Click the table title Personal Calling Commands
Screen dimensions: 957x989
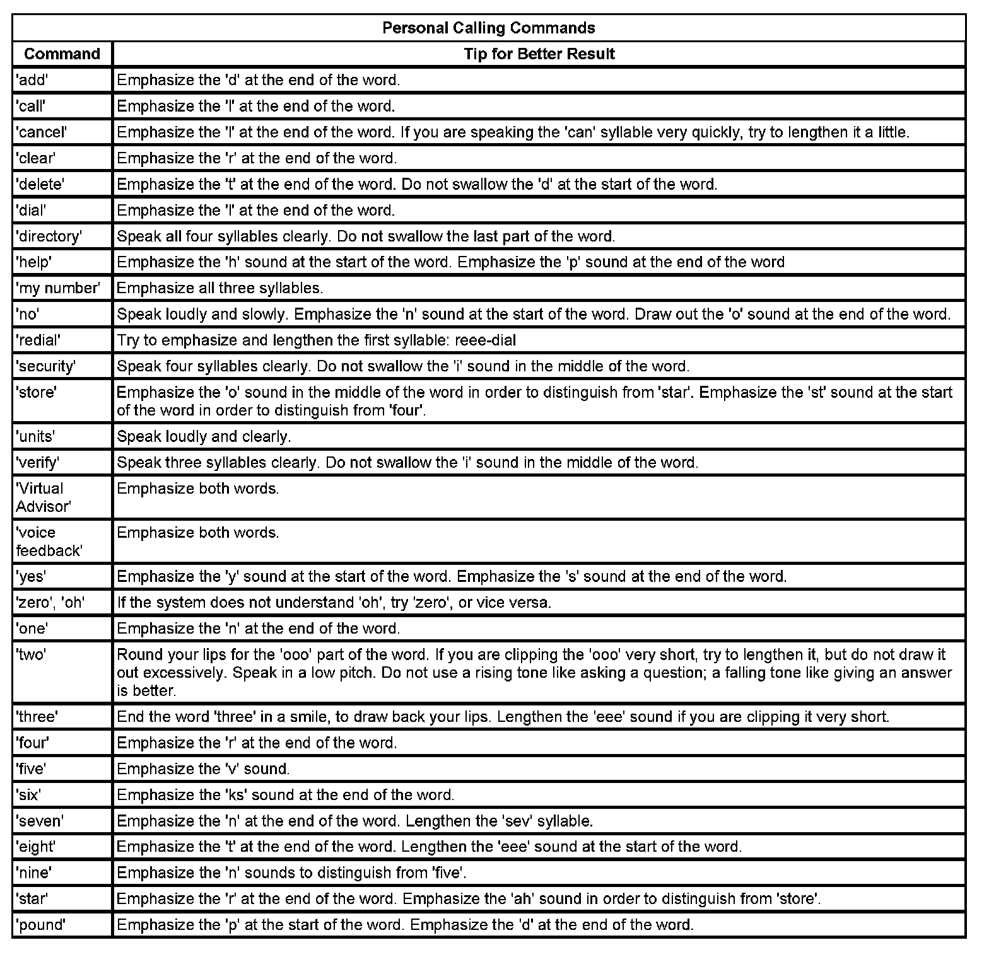pyautogui.click(x=489, y=28)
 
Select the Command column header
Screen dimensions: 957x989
pyautogui.click(x=62, y=54)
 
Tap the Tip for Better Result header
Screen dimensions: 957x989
pyautogui.click(x=539, y=54)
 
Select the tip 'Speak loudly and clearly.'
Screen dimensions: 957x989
pyautogui.click(x=204, y=436)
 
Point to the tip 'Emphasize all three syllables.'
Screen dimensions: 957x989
pyautogui.click(x=219, y=288)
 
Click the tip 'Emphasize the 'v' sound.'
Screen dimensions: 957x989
pyautogui.click(x=203, y=768)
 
